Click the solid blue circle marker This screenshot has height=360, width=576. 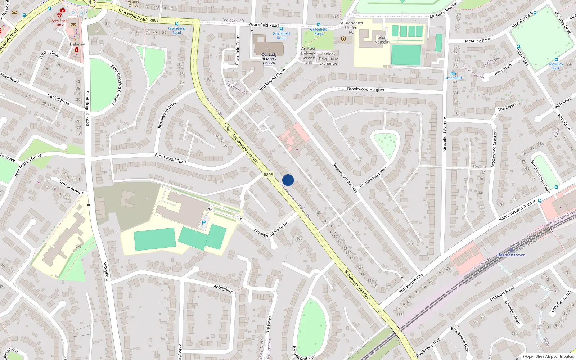[x=288, y=180]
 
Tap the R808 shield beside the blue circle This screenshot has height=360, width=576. [x=268, y=175]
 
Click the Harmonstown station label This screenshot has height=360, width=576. [x=511, y=255]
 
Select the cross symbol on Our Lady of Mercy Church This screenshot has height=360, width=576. [x=269, y=48]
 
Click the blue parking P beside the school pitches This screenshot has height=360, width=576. [x=204, y=223]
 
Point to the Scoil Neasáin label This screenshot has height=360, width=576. [x=382, y=40]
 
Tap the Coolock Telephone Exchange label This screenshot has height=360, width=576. [x=328, y=59]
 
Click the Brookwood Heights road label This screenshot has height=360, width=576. [x=365, y=89]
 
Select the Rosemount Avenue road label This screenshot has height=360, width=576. [x=345, y=178]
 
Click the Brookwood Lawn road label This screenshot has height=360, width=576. [x=373, y=177]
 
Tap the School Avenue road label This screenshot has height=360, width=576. [x=71, y=188]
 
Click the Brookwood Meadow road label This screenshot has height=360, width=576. [x=271, y=230]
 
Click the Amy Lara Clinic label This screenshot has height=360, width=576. [x=59, y=23]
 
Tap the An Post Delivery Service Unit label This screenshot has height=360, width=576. [x=308, y=55]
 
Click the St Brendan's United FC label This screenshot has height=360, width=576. [x=351, y=27]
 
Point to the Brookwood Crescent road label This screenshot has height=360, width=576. [x=494, y=148]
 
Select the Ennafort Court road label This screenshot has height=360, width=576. [x=561, y=301]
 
